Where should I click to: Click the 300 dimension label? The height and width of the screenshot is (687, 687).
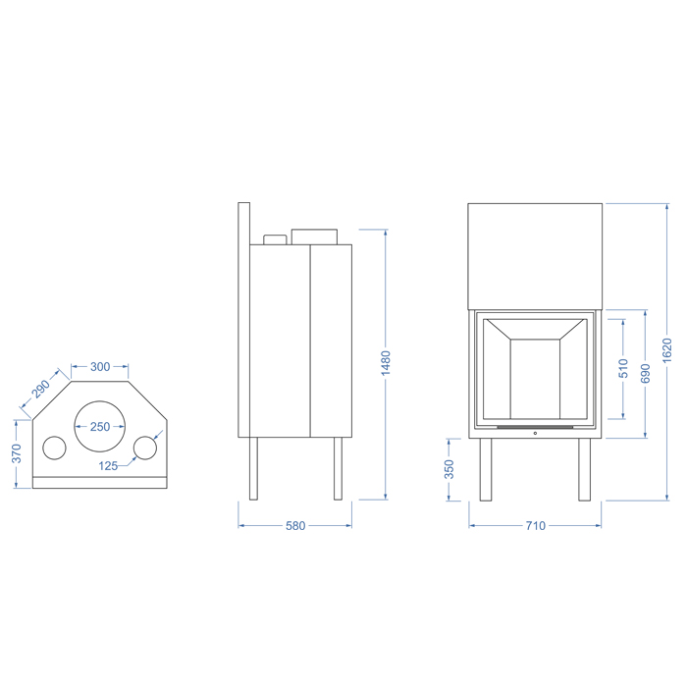click(x=100, y=366)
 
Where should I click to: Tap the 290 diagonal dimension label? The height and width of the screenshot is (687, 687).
click(x=41, y=389)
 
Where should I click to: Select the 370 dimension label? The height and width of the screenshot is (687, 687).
click(x=17, y=453)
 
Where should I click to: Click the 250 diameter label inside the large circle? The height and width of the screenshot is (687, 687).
click(x=100, y=426)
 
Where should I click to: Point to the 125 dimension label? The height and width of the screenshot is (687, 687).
click(x=108, y=466)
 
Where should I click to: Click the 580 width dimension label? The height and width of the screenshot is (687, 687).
click(x=295, y=525)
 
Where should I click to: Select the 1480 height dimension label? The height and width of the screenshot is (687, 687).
click(x=386, y=363)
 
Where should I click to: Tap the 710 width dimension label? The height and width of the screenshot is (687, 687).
click(x=536, y=525)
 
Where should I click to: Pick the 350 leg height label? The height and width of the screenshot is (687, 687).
click(x=449, y=469)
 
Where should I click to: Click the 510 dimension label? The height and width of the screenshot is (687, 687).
click(x=623, y=368)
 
